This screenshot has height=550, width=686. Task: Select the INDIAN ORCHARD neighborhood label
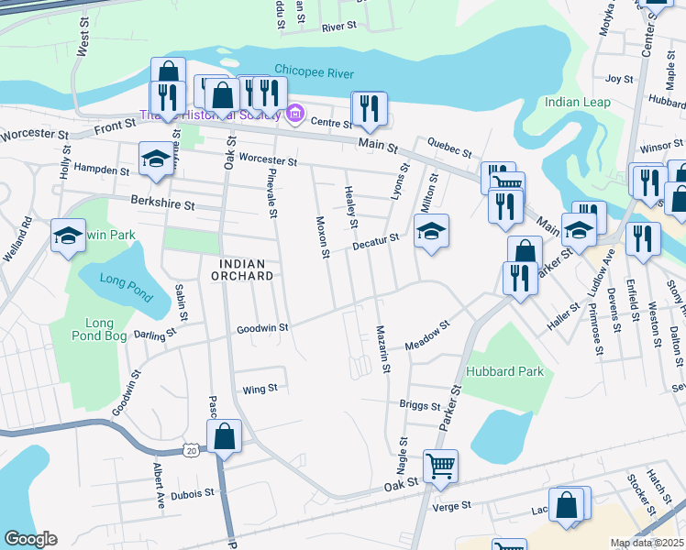click(x=245, y=269)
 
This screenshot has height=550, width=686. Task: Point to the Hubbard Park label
click(x=504, y=371)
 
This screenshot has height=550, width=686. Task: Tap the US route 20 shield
click(x=190, y=451)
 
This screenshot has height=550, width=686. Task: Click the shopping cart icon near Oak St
click(x=440, y=466)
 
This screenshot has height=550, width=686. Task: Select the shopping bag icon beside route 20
click(x=224, y=436)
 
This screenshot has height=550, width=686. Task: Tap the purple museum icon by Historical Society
click(x=294, y=115)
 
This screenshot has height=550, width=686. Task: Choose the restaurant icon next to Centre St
click(x=369, y=108)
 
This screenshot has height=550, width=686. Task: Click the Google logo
click(x=30, y=539)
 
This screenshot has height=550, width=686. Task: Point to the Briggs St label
click(x=420, y=404)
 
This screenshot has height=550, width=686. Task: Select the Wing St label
click(x=260, y=390)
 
